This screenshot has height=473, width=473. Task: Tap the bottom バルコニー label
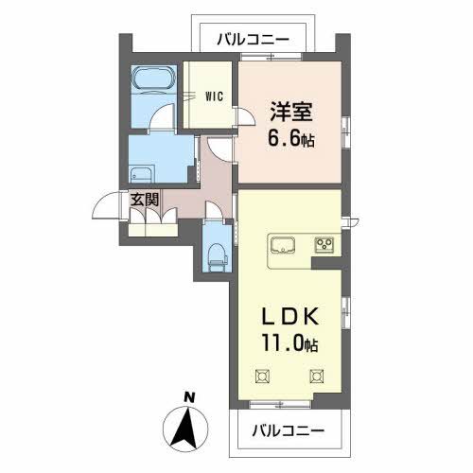coord(289,430)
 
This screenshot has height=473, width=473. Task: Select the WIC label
coord(212,96)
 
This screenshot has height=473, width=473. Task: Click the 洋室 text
coord(290,112)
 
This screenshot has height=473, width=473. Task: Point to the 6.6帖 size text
coord(290,139)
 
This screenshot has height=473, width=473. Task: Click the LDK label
coord(290,317)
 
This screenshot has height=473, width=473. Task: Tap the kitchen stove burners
coord(324,246)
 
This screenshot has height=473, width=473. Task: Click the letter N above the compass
coord(190,396)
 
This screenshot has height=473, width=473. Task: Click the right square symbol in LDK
coord(314,376)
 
